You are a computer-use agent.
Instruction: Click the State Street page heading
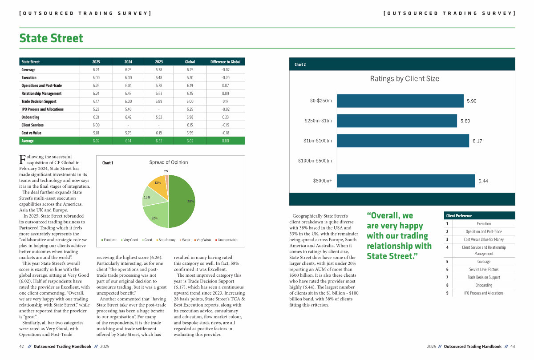51,38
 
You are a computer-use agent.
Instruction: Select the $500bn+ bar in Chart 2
406,181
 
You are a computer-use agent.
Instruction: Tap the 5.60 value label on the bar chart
465,121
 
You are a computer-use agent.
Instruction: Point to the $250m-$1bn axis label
318,121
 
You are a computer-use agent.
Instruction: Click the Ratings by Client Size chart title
405,79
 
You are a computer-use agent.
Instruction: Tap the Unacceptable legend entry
227,240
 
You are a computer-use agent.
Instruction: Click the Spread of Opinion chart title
168,162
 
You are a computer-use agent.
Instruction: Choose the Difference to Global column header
225,62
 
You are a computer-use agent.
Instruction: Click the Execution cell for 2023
159,77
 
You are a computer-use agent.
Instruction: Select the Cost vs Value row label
32,133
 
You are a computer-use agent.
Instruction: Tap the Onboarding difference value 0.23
225,117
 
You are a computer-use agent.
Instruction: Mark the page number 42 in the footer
21,346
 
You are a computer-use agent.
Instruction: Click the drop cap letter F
22,159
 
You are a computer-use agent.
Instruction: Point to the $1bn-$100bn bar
403,141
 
